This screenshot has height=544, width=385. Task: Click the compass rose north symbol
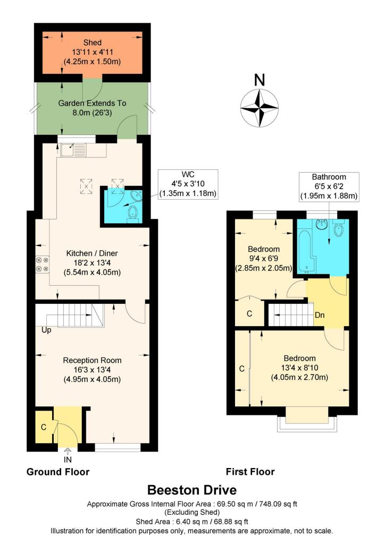coord(260,107)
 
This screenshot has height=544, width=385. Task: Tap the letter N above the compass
coord(260,80)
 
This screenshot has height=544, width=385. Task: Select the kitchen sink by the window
coord(73,150)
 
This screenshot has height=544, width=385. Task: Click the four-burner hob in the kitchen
coord(43,264)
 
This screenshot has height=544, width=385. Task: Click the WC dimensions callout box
coord(188,184)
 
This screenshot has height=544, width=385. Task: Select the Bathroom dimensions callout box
coord(329,186)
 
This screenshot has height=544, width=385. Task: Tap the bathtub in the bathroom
coord(306,250)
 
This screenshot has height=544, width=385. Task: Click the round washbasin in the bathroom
coord(322,225)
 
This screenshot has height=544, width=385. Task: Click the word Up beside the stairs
coord(46,330)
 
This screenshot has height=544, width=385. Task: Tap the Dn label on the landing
coord(320,315)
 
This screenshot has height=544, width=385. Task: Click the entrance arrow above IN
coord(68,450)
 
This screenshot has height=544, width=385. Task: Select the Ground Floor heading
coord(58,472)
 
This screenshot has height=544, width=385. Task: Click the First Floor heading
coord(250,472)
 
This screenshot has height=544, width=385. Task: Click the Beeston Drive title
coord(192,490)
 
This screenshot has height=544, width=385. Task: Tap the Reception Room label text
coord(93,361)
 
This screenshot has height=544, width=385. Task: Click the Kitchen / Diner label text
coord(92,253)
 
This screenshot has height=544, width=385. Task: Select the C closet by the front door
coord(44,427)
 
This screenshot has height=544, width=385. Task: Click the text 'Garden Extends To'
coord(92,103)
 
